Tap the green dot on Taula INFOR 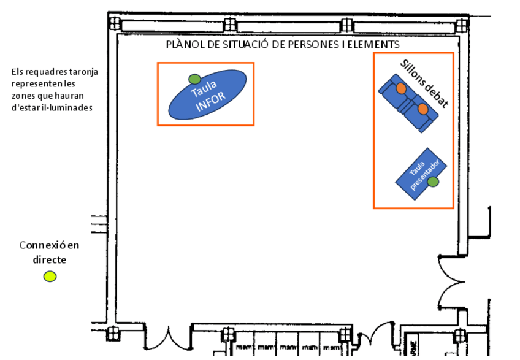coord(194,79)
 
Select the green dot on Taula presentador coord(433,182)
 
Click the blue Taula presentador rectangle coord(421,174)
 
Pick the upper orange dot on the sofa coord(401,89)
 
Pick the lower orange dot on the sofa coord(422,109)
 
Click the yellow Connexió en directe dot coord(50,276)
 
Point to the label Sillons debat coord(424,83)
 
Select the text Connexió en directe coord(49,252)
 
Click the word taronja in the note coord(82,72)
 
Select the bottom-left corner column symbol coord(113,334)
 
